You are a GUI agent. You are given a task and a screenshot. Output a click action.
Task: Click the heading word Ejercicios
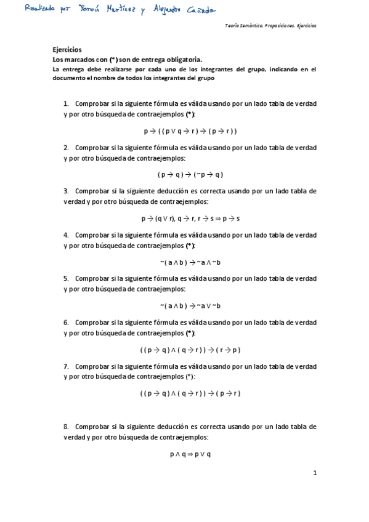click(67, 50)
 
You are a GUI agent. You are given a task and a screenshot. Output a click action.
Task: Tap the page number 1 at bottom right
click(314, 473)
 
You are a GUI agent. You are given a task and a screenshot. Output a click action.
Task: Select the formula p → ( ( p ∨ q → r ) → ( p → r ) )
click(190, 131)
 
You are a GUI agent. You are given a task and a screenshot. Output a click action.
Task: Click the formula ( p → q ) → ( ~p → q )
click(190, 174)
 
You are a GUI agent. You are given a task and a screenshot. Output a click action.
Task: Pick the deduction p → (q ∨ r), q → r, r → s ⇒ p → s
click(190, 219)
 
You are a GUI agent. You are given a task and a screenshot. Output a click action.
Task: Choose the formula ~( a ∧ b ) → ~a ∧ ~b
click(190, 262)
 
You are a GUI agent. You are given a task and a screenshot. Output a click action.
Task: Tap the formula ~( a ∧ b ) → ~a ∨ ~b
click(190, 306)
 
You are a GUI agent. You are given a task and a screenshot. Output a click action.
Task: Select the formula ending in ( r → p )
click(190, 350)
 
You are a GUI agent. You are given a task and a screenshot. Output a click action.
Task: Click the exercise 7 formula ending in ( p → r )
click(190, 393)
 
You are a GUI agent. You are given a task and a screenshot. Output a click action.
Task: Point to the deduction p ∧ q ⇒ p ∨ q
click(190, 454)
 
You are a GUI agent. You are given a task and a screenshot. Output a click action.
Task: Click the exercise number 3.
click(66, 191)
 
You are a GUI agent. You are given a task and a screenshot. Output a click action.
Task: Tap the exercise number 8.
click(66, 427)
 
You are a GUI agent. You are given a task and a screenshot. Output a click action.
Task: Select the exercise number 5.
click(66, 279)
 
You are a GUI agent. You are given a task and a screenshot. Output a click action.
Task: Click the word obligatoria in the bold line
click(181, 60)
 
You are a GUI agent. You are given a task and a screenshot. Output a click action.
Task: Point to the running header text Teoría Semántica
click(246, 26)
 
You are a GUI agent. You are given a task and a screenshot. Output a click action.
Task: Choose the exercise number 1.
click(66, 104)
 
